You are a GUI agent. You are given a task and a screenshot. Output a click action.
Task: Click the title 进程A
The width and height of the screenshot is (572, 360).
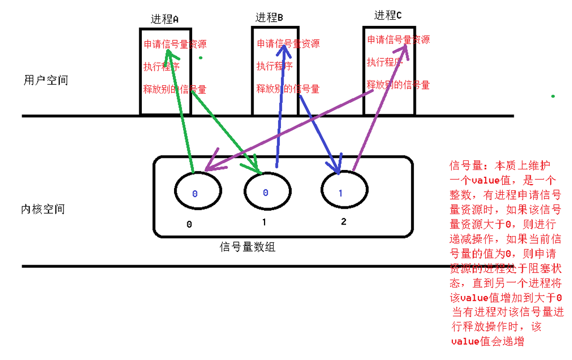tap(165, 19)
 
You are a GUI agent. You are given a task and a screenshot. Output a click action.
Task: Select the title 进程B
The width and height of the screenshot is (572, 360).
tap(269, 17)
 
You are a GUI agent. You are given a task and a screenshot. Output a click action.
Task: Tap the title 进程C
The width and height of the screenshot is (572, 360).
tap(388, 15)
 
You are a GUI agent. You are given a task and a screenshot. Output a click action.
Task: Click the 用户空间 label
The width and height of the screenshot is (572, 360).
tap(46, 80)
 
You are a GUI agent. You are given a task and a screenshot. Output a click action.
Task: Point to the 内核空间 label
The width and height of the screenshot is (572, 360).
tap(43, 209)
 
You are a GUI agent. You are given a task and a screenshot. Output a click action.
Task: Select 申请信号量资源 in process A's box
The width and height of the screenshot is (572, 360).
tap(175, 44)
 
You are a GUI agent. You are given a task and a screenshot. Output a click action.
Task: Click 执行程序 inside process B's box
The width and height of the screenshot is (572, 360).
tap(275, 66)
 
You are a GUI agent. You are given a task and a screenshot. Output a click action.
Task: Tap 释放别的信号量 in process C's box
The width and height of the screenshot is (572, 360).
tap(398, 84)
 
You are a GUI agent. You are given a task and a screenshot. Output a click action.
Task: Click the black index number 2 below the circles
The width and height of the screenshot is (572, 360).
tap(343, 222)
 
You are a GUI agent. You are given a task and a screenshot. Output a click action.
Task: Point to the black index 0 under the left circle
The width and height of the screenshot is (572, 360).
tap(189, 224)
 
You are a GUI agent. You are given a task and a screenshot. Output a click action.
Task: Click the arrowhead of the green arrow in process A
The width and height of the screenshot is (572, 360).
tap(169, 53)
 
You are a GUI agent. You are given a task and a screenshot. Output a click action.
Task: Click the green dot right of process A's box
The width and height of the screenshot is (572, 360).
tap(201, 57)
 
